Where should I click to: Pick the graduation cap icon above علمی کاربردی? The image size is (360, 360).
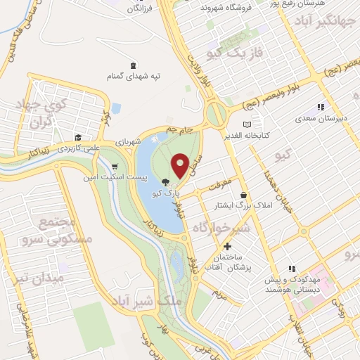coord(79,138)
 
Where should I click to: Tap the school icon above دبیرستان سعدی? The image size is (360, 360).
coord(321,108)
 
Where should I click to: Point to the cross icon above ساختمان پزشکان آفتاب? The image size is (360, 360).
coord(227,247)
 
